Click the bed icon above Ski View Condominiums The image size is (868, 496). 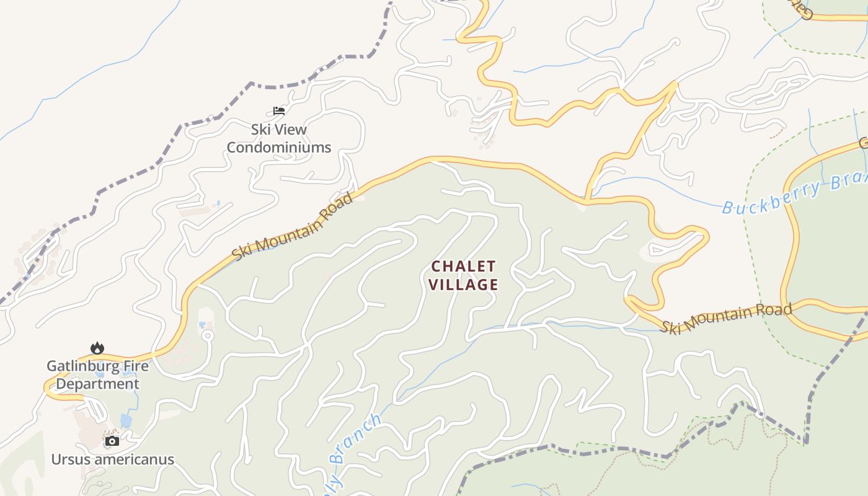279,111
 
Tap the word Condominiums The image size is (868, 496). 278,148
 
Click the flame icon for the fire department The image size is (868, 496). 97,348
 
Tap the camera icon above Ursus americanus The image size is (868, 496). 112,441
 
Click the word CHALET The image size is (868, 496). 464,267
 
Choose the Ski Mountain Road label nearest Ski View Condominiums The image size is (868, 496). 293,226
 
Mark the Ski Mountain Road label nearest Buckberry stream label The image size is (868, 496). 725,318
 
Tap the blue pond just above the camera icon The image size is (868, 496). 126,421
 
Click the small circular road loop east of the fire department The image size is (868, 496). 207,335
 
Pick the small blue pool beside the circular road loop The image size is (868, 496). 202,325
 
